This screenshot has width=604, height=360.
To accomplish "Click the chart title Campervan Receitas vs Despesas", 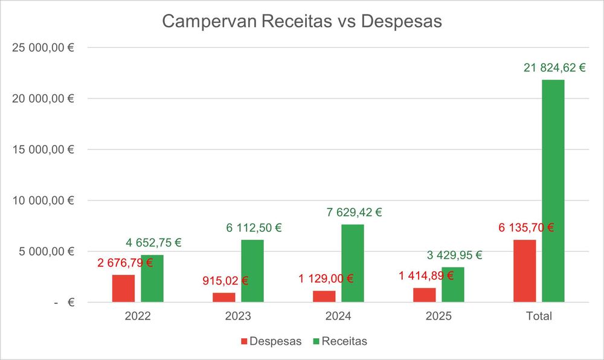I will tap(302, 22).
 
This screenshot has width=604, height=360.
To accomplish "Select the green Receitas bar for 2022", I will tap(152, 278).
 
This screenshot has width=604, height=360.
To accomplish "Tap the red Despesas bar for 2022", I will tap(123, 289).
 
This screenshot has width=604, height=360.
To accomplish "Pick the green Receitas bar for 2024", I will tap(353, 263).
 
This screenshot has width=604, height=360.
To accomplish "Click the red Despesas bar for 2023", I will tap(223, 297).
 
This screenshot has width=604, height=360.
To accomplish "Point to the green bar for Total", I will tap(553, 191).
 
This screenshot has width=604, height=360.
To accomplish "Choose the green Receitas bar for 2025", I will tap(453, 284).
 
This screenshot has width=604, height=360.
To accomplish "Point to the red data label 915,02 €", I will tap(225, 281).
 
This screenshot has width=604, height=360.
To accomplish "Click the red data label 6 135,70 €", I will tap(526, 228).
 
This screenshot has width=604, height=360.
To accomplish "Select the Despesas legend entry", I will tap(271, 341).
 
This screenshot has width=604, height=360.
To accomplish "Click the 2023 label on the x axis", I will tap(238, 316).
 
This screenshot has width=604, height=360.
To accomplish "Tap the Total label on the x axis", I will tap(539, 316).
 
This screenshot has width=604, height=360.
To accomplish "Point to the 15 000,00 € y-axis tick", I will tap(43, 149).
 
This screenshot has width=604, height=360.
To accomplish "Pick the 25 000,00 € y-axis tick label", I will tap(43, 47).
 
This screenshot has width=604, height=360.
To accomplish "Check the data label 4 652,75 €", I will tap(153, 243).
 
